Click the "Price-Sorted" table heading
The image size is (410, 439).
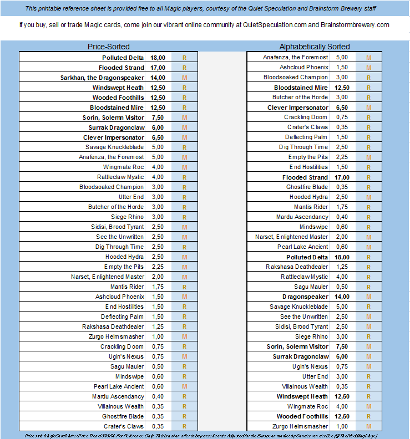[109, 47]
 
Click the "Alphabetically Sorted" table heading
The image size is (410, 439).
[315, 47]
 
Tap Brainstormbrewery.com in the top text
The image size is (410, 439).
[355, 25]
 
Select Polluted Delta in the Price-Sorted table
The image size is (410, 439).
[123, 58]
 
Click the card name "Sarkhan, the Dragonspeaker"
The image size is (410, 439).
[102, 78]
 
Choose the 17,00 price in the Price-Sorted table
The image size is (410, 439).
[158, 68]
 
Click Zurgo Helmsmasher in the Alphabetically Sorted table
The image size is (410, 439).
[300, 426]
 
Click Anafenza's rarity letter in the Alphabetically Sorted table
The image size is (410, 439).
[368, 57]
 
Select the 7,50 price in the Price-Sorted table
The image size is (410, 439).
[158, 118]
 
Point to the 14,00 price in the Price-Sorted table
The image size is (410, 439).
[158, 78]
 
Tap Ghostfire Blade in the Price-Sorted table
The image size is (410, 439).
[123, 416]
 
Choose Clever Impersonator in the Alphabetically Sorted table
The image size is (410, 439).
[297, 108]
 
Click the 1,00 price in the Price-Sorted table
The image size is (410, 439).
[158, 336]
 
